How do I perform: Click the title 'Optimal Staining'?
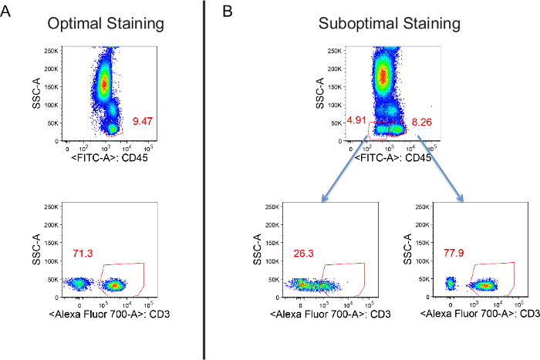pyautogui.click(x=106, y=24)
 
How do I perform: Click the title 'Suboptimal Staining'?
pyautogui.click(x=379, y=24)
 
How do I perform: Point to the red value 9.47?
pyautogui.click(x=144, y=122)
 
